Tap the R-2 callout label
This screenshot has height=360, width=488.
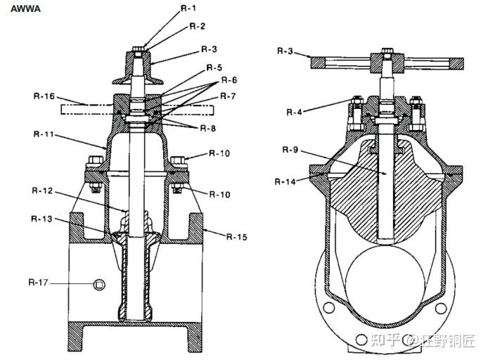(198, 26)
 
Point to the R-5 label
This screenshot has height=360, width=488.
(214, 67)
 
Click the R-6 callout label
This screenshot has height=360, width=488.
(229, 81)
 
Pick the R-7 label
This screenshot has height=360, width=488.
(228, 95)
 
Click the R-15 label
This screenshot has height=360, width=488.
(238, 237)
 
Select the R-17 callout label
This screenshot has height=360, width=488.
(39, 282)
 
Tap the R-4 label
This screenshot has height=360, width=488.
(297, 111)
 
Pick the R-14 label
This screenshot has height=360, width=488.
(286, 181)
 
